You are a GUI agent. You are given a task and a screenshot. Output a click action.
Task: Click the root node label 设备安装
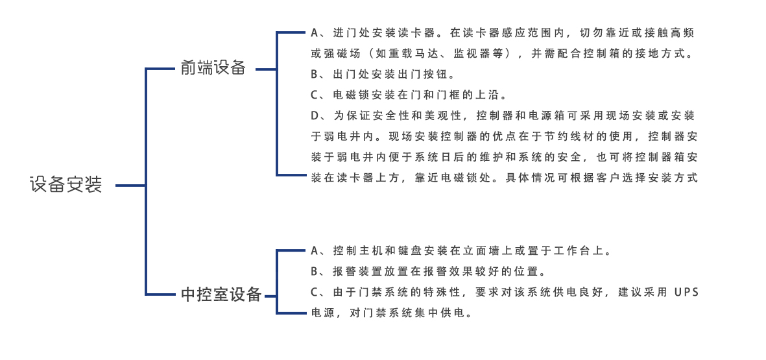(x=66, y=185)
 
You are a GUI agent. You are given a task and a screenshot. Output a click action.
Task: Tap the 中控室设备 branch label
(x=221, y=294)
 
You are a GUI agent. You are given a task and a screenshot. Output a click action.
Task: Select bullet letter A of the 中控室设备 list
(x=315, y=251)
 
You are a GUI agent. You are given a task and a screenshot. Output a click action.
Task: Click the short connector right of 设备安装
(x=130, y=186)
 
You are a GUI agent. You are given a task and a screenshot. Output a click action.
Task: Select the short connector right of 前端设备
(x=266, y=69)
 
